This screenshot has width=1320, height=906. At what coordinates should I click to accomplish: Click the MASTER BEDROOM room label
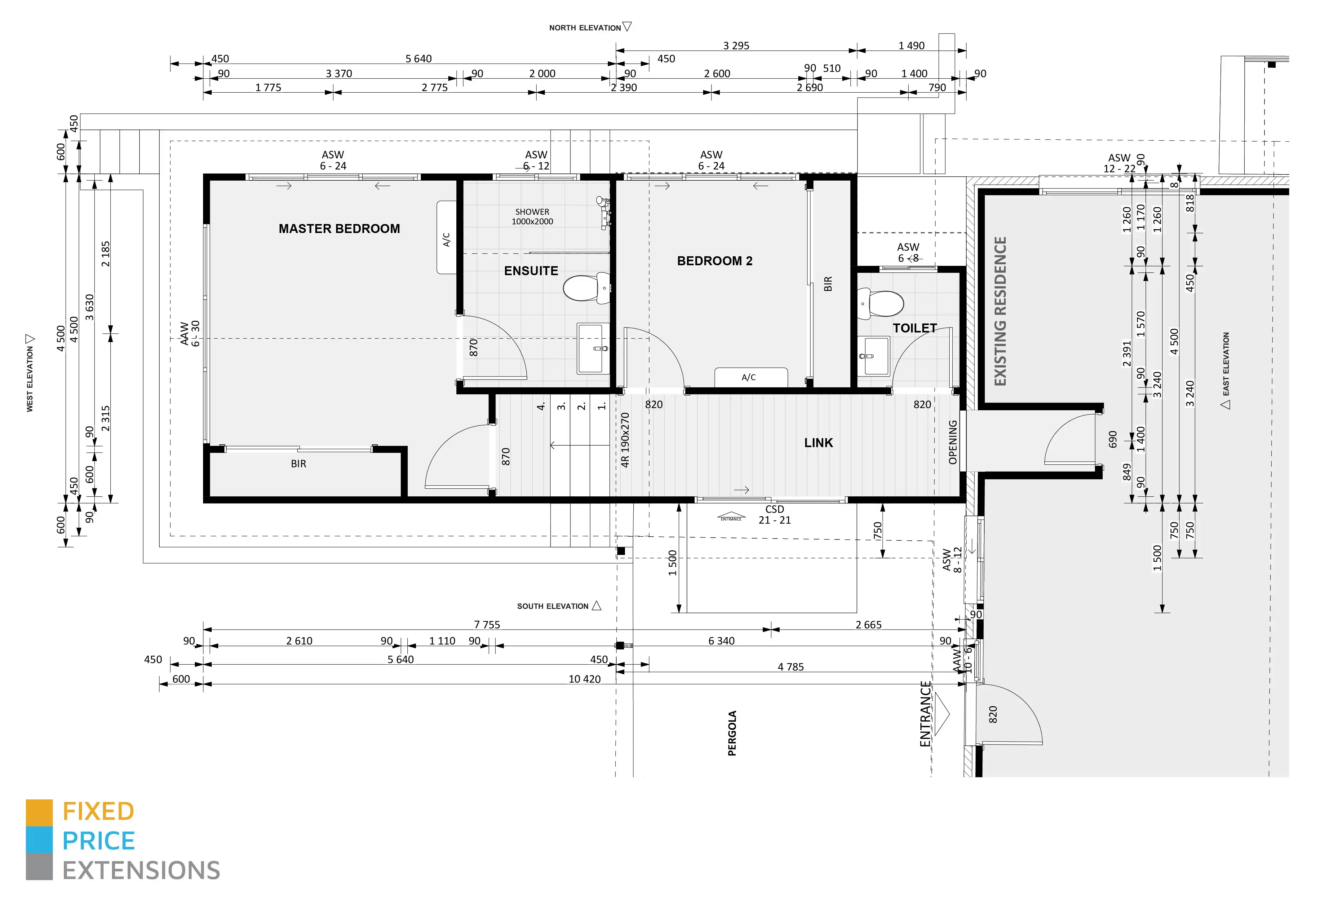point(339,229)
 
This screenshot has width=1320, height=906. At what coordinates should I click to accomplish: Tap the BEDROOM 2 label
point(715,261)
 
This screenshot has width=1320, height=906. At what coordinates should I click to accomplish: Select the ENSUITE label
point(531,271)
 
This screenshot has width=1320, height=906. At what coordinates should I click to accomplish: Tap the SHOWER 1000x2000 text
point(532,216)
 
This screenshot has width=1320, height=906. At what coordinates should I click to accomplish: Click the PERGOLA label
point(732,733)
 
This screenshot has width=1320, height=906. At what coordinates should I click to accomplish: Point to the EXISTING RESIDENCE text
point(1000,311)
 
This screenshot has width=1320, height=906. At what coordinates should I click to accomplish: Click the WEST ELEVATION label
point(29,379)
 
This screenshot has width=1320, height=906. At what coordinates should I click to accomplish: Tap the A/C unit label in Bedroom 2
point(749,377)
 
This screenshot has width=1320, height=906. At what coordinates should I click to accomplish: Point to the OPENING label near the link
point(953,442)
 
